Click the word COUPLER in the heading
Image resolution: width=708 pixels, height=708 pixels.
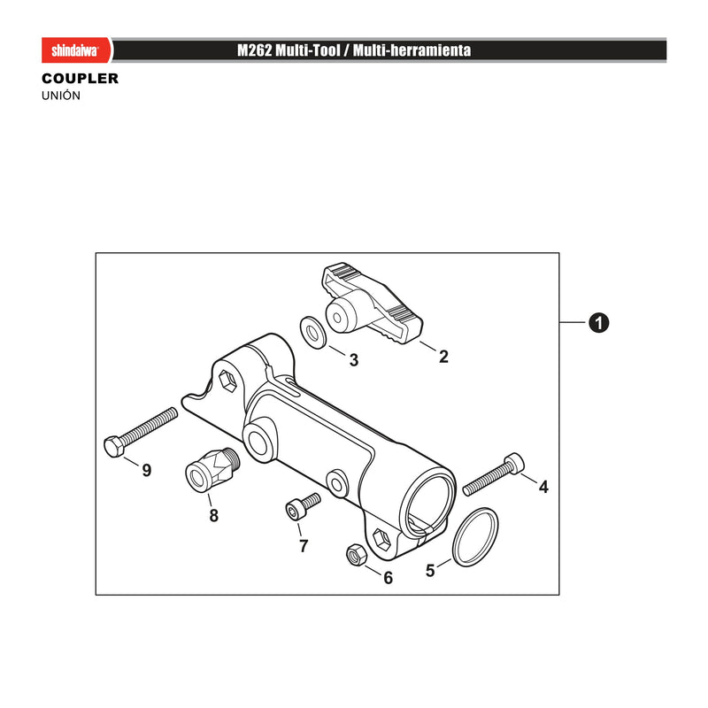click(x=80, y=79)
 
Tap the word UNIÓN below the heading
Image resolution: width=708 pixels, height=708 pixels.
click(x=61, y=96)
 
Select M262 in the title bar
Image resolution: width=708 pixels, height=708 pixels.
click(x=255, y=50)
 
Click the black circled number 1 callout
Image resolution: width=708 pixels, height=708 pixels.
click(x=599, y=323)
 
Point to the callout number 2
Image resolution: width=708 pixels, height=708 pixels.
click(x=443, y=357)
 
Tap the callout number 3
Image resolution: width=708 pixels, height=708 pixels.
click(x=354, y=360)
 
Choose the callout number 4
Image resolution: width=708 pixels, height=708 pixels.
click(x=543, y=487)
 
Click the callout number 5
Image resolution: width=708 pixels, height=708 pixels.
click(x=430, y=570)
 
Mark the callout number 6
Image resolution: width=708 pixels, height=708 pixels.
click(x=389, y=578)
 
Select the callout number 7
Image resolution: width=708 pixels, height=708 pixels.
click(x=304, y=546)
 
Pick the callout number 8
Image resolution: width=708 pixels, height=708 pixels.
click(x=214, y=515)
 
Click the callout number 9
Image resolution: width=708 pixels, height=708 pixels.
click(x=147, y=471)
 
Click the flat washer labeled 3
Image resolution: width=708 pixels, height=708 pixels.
click(x=313, y=333)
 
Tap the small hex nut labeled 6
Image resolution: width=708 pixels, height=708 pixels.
click(x=356, y=555)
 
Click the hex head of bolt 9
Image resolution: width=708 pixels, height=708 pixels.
click(x=114, y=446)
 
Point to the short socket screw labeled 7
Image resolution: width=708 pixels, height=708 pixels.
click(x=303, y=506)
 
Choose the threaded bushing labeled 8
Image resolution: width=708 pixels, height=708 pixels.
click(x=212, y=471)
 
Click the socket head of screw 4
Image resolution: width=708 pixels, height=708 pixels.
click(x=515, y=463)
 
